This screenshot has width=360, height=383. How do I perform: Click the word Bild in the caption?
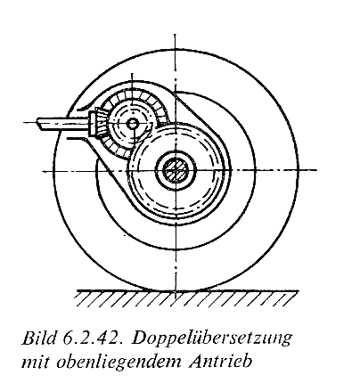38,338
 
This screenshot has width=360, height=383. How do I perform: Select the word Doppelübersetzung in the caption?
211,339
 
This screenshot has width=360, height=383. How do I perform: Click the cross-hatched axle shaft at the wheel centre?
176,170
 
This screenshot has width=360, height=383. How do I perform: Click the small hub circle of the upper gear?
133,124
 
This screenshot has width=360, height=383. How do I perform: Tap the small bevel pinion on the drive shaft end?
96,124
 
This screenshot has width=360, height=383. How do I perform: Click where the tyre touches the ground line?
176,290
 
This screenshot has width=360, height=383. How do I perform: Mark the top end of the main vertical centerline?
176,35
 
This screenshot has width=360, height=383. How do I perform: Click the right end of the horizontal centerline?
316,170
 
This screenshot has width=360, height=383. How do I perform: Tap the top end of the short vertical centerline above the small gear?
133,74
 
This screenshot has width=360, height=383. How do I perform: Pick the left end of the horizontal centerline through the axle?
43,171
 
